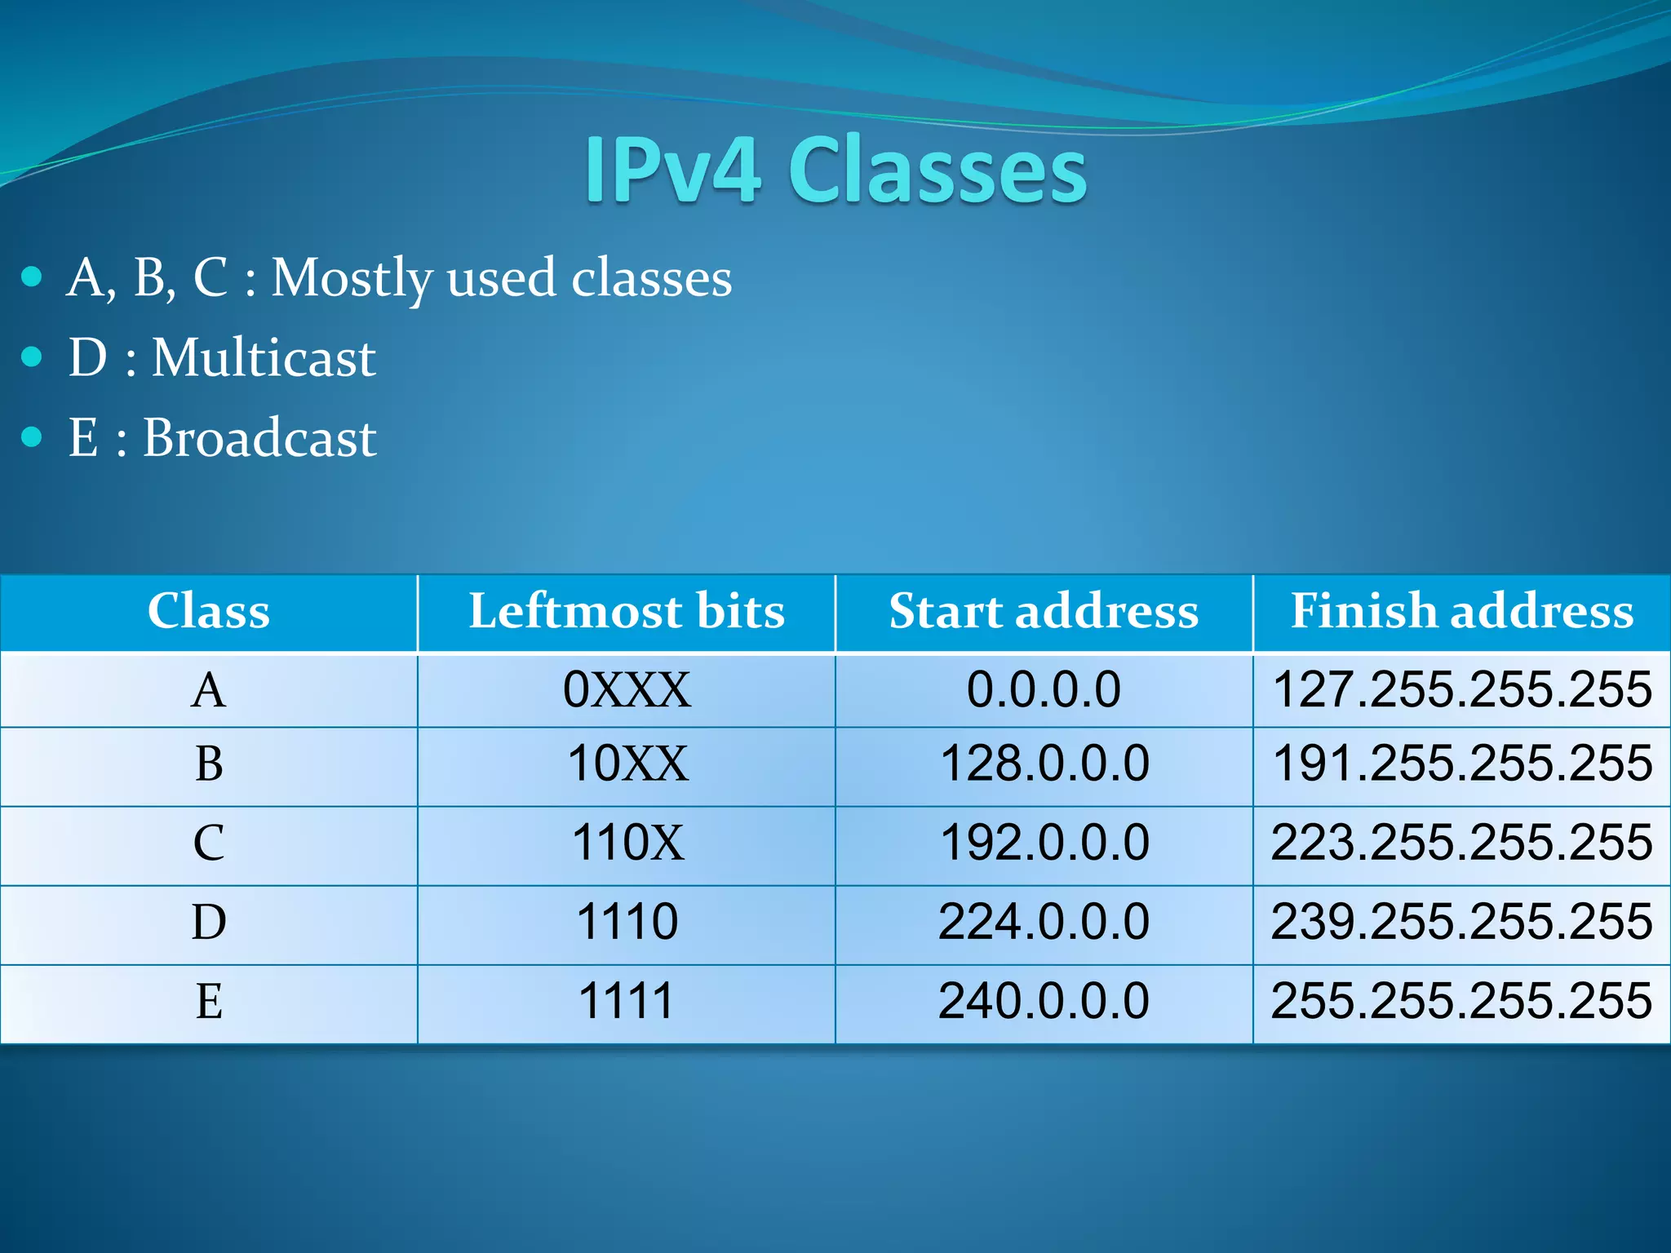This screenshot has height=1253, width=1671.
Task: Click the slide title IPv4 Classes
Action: tap(835, 170)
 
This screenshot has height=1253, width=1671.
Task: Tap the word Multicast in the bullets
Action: tap(264, 357)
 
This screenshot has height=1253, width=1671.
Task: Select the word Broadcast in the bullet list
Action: tap(259, 437)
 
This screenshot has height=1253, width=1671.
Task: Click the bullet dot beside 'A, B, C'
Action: tap(32, 277)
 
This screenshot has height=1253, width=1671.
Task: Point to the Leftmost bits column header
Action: tap(626, 611)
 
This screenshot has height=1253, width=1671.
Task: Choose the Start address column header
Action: tap(1044, 611)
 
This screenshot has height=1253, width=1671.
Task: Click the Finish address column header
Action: tap(1461, 611)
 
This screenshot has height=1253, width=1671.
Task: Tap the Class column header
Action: tap(209, 611)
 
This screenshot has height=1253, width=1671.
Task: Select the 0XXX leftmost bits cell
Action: tap(626, 689)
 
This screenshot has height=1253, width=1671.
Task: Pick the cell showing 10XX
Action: tap(627, 764)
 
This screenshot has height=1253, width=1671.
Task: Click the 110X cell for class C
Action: tap(627, 843)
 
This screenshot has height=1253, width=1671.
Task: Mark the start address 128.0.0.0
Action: tap(1044, 764)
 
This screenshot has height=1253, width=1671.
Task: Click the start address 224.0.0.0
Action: tap(1044, 922)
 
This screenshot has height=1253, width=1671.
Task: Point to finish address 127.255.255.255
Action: tap(1461, 689)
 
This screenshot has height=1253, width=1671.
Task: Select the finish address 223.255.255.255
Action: tap(1461, 843)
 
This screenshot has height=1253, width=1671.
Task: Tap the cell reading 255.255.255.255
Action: tap(1461, 1001)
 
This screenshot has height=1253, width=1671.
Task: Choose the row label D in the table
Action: tap(209, 922)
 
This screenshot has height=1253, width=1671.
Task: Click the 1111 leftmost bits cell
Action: tap(626, 1001)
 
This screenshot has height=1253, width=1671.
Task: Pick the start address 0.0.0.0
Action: tap(1044, 689)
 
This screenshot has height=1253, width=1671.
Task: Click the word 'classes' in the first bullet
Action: tap(651, 279)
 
